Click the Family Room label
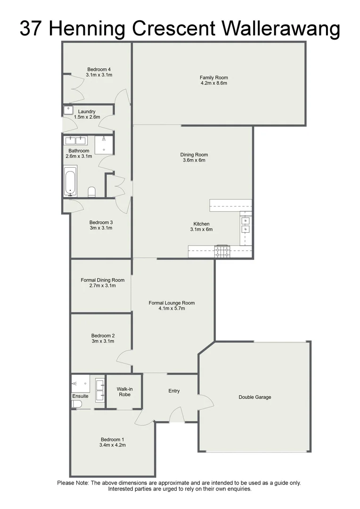(x=213, y=78)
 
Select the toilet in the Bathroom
(x=91, y=191)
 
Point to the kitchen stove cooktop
(x=222, y=252)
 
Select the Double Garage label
(x=254, y=397)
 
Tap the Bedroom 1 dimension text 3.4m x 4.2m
(x=112, y=444)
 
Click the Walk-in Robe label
(x=123, y=392)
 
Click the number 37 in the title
(x=32, y=29)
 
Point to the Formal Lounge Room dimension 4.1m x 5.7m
(x=172, y=309)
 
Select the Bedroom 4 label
(x=98, y=69)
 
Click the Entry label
(x=174, y=391)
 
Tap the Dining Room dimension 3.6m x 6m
(x=194, y=160)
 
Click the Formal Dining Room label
(x=102, y=280)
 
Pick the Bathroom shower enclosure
(x=104, y=145)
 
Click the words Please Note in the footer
(x=73, y=483)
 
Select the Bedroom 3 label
(x=101, y=222)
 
